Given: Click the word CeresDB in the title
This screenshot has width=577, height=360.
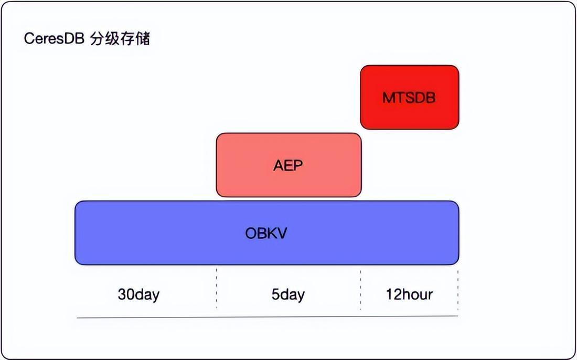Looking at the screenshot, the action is click(x=55, y=39).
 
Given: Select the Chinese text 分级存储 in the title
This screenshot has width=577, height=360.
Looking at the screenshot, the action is click(x=120, y=39).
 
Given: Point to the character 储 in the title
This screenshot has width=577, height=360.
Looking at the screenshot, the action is click(x=143, y=39).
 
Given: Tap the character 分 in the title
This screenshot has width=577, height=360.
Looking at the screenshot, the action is click(x=97, y=39).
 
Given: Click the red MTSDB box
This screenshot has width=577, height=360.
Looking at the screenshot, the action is click(x=410, y=97).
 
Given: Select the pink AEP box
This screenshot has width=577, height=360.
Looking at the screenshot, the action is click(x=289, y=165).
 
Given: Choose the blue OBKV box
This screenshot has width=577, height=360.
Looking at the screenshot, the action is click(x=267, y=232).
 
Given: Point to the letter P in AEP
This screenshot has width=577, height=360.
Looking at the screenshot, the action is click(x=298, y=165).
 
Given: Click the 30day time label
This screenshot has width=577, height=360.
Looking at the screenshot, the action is click(x=138, y=295).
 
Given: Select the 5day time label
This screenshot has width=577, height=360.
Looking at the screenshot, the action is click(x=288, y=295).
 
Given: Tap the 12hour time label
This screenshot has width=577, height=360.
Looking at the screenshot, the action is click(x=409, y=294).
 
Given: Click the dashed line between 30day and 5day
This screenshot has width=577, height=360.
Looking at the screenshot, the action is click(x=216, y=288).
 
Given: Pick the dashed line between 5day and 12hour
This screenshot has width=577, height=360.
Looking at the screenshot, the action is click(x=361, y=290).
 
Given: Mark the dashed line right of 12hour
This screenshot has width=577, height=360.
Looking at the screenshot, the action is click(x=458, y=290).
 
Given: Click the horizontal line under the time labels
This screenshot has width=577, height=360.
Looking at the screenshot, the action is click(x=268, y=316).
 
